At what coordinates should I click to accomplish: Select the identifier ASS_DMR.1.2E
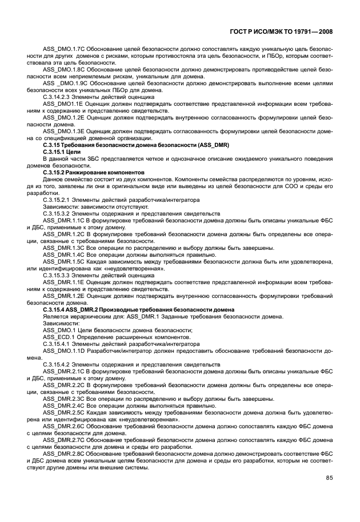[x=62, y=296]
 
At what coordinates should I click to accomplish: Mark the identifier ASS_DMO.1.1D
[x=62, y=351]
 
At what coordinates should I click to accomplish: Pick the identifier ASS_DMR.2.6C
[x=62, y=427]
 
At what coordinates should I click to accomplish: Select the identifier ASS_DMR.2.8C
[x=62, y=454]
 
